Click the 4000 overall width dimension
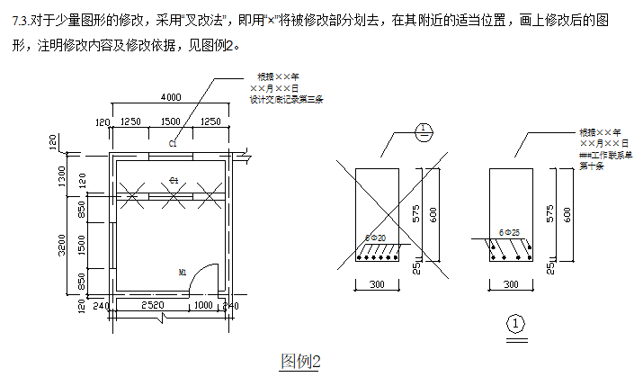pyautogui.click(x=170, y=97)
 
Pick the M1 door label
pyautogui.click(x=182, y=271)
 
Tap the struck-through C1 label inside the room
pyautogui.click(x=174, y=181)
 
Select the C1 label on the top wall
pyautogui.click(x=173, y=143)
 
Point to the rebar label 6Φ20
pyautogui.click(x=375, y=238)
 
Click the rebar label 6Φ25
pyautogui.click(x=508, y=232)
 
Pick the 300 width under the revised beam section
pyautogui.click(x=510, y=284)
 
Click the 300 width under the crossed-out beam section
pyautogui.click(x=378, y=284)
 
